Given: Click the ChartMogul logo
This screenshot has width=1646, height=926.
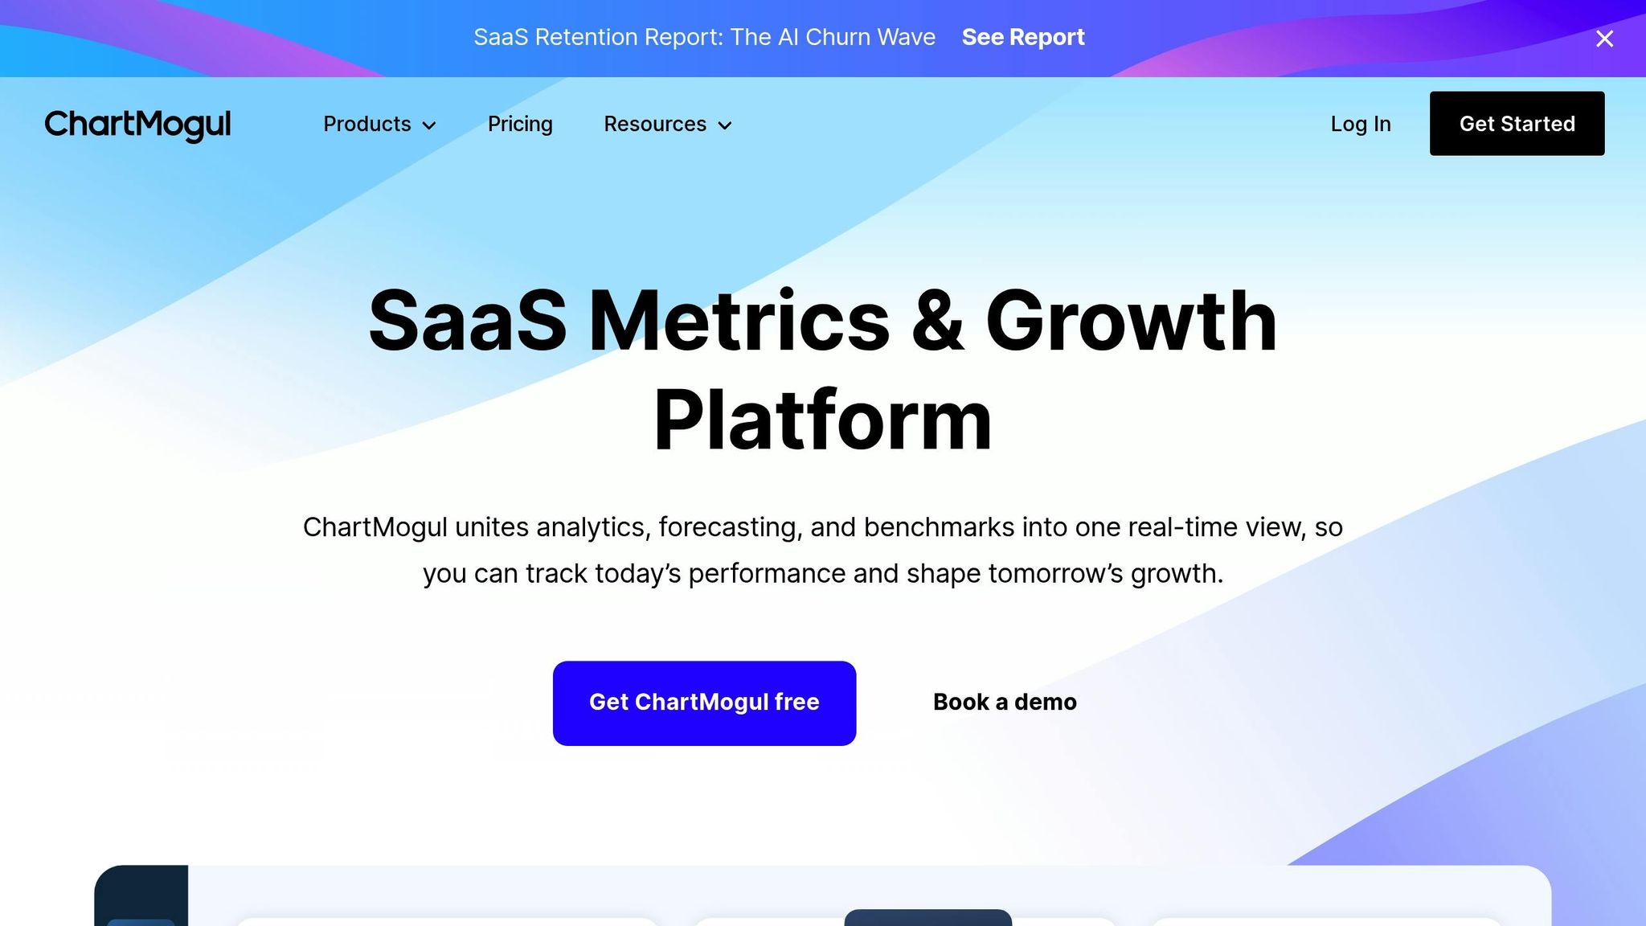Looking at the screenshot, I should click(137, 125).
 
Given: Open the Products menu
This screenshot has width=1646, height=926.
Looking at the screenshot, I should click(367, 125).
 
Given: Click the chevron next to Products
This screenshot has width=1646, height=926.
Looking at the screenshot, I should click(429, 125).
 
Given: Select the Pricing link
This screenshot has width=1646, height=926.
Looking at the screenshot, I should click(520, 125).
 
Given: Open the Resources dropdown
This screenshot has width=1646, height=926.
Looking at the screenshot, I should click(655, 125).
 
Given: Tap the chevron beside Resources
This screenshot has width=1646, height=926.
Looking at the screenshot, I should click(725, 125).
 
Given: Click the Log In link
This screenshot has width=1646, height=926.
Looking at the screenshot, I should click(1360, 125).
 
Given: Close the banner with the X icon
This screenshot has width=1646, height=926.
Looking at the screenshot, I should click(1604, 39).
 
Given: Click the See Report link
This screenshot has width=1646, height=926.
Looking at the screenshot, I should click(1022, 38).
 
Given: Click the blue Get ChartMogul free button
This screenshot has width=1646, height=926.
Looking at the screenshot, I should click(704, 703).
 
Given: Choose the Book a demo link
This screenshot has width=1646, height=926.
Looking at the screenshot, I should click(1005, 703).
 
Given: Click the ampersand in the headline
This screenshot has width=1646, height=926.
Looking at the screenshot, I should click(937, 322).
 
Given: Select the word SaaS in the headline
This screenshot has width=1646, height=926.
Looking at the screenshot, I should click(468, 322).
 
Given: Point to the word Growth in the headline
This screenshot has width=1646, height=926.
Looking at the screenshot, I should click(1131, 322).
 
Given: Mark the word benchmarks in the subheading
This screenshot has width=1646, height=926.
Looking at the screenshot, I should click(939, 527).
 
